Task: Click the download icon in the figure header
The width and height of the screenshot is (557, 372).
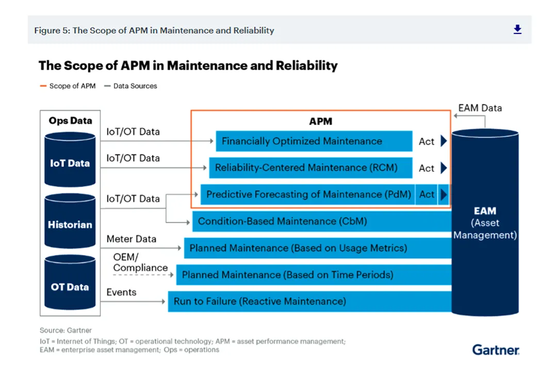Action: click(517, 30)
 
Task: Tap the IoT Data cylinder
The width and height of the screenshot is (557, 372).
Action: click(70, 160)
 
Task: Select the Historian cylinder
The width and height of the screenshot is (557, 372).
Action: click(70, 221)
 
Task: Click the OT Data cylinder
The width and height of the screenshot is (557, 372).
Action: click(70, 283)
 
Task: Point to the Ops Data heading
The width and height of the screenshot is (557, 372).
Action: click(70, 121)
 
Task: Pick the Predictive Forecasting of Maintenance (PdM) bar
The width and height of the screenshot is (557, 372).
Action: click(308, 195)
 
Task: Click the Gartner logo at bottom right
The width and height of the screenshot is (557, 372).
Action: click(496, 350)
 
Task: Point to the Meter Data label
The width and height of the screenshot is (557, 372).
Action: click(131, 239)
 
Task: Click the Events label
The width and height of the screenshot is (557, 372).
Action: click(121, 292)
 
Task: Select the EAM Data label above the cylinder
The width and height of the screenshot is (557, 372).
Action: click(480, 108)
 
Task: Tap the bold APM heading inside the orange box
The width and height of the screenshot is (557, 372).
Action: click(320, 122)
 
